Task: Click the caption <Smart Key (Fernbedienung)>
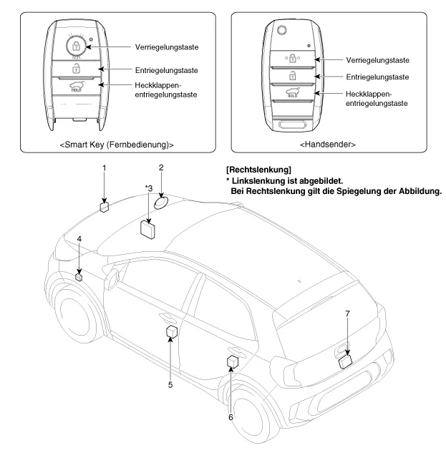tap(117, 145)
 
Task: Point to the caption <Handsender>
tap(329, 145)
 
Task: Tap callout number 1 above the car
tap(104, 169)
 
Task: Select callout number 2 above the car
tap(162, 169)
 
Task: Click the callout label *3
tap(148, 188)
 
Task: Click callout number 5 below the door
tap(170, 384)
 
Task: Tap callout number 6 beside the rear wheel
tap(231, 416)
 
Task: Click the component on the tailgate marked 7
tap(346, 361)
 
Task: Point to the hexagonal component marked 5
tap(171, 331)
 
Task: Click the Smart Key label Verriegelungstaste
tap(166, 47)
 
